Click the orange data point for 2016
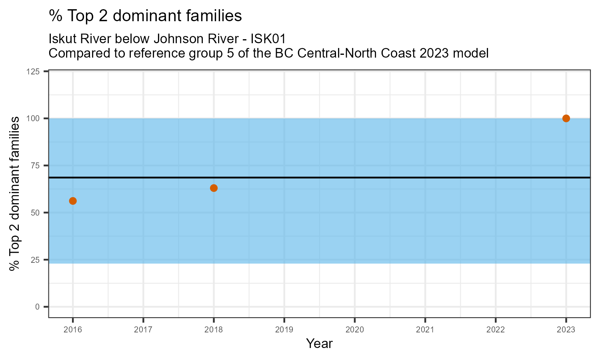pyautogui.click(x=73, y=201)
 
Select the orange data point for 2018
pyautogui.click(x=214, y=188)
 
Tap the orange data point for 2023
pyautogui.click(x=566, y=118)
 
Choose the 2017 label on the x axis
pyautogui.click(x=143, y=330)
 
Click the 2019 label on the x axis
pyautogui.click(x=284, y=330)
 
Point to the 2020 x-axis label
pyautogui.click(x=354, y=330)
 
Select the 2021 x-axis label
pyautogui.click(x=425, y=330)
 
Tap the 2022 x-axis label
pyautogui.click(x=495, y=330)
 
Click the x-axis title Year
pyautogui.click(x=319, y=344)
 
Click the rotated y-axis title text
pyautogui.click(x=15, y=194)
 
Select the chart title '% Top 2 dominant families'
pyautogui.click(x=145, y=16)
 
